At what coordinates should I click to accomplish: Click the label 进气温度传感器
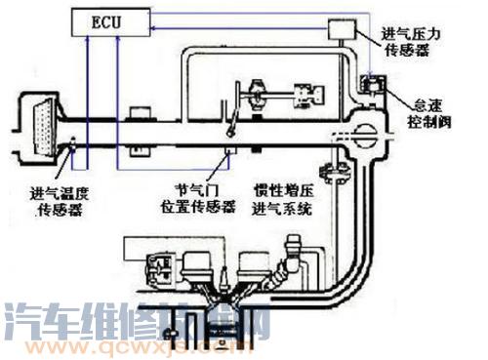[61, 200]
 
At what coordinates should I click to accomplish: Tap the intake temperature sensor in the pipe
[76, 149]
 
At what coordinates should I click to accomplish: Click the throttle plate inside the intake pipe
[230, 125]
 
